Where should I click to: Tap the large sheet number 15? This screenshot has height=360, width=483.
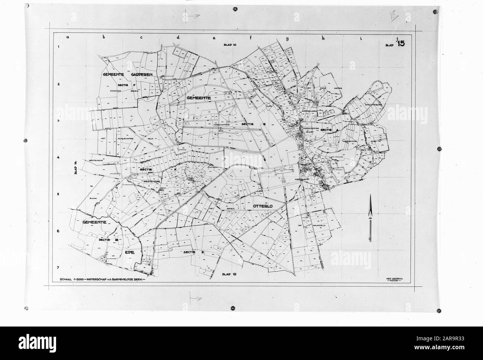click(x=401, y=44)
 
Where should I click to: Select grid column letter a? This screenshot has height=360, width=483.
click(x=68, y=37)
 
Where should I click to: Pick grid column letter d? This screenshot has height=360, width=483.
click(x=178, y=37)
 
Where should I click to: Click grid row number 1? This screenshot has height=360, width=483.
click(x=58, y=47)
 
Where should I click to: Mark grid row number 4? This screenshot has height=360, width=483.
click(x=58, y=157)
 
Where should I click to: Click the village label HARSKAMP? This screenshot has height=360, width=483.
click(x=302, y=179)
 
